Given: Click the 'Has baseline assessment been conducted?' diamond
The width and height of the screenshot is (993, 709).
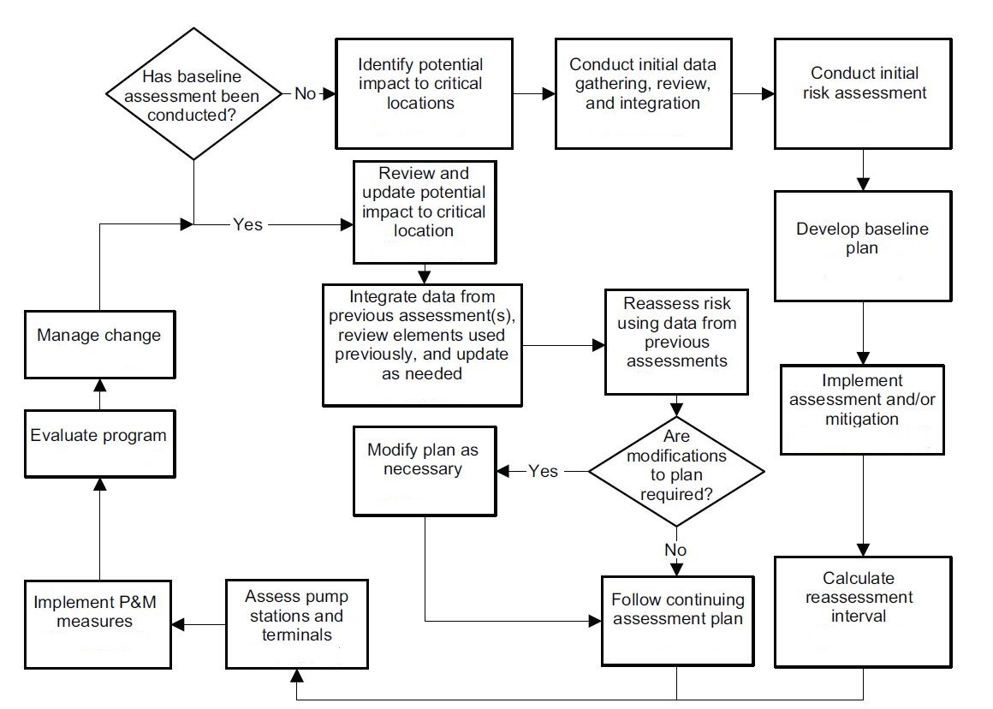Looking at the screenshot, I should pyautogui.click(x=193, y=93).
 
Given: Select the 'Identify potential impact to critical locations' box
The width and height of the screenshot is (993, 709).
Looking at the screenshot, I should pyautogui.click(x=420, y=93).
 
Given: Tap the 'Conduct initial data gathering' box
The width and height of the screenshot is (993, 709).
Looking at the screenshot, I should pyautogui.click(x=643, y=93).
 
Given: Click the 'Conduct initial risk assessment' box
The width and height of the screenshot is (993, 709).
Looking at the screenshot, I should pyautogui.click(x=864, y=93).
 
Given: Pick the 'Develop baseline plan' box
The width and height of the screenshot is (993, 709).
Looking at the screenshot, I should pyautogui.click(x=863, y=245).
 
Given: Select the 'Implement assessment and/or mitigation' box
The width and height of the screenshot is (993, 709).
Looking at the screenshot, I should pyautogui.click(x=863, y=410).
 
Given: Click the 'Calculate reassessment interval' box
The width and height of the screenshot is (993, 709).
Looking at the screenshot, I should pyautogui.click(x=863, y=611).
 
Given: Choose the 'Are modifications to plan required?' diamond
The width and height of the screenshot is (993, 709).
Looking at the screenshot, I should pyautogui.click(x=676, y=470).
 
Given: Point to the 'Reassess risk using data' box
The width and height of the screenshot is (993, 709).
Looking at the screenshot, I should pyautogui.click(x=677, y=343).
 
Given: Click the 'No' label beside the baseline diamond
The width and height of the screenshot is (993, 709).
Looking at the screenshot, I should pyautogui.click(x=305, y=93).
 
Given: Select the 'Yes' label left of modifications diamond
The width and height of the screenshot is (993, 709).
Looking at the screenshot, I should pyautogui.click(x=544, y=471).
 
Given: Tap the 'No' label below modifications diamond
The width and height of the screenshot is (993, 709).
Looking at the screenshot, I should pyautogui.click(x=676, y=549).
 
